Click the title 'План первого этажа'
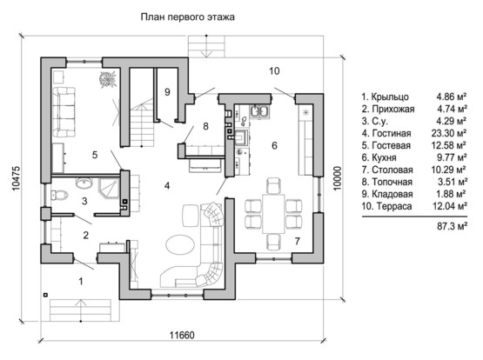click(x=187, y=17)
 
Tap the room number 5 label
click(x=95, y=155)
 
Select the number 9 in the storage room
click(x=167, y=92)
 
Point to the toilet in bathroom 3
click(x=59, y=195)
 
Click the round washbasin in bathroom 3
click(x=84, y=183)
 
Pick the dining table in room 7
click(x=273, y=213)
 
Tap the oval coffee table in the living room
click(x=180, y=244)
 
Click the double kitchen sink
click(x=260, y=112)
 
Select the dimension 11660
click(x=182, y=335)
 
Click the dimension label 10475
click(x=16, y=178)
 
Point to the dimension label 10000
click(x=338, y=178)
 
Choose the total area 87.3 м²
click(x=452, y=226)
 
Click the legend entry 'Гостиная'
click(x=392, y=134)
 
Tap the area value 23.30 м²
click(x=449, y=133)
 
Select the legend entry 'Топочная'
click(x=392, y=182)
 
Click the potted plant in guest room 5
click(x=108, y=79)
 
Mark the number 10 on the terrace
click(x=274, y=71)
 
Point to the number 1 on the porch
click(x=81, y=281)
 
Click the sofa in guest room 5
click(x=64, y=112)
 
